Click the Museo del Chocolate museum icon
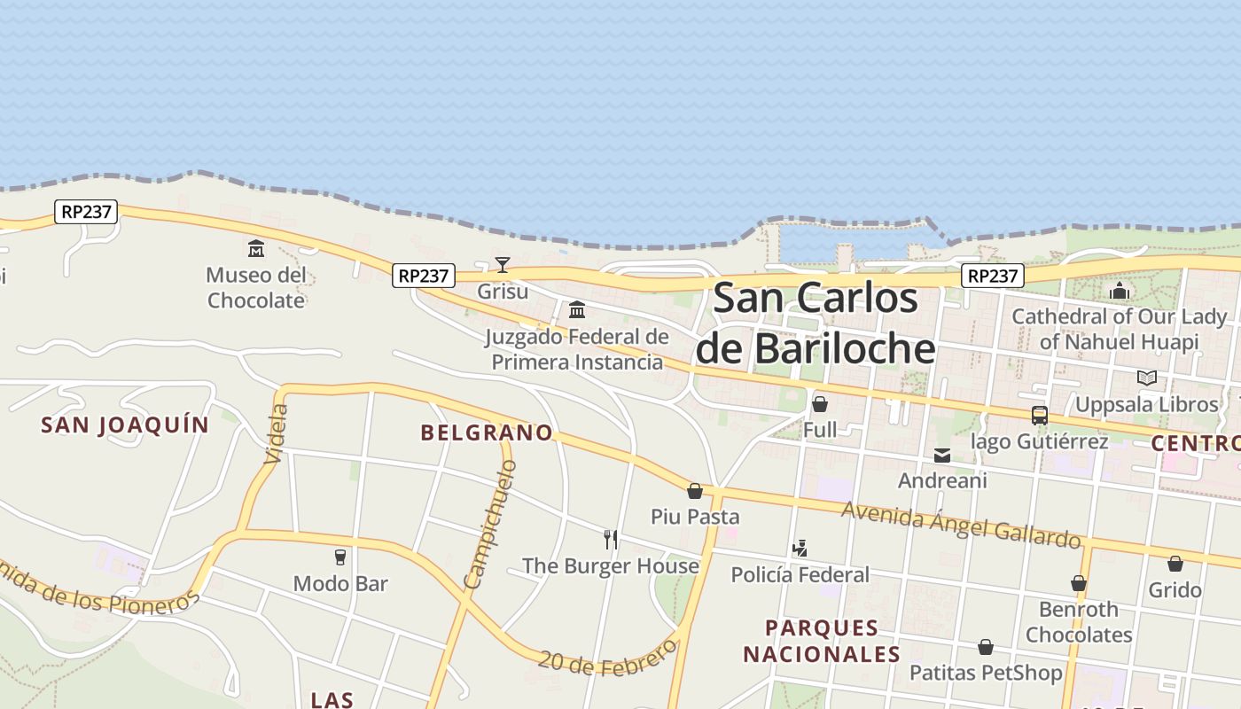click(x=256, y=248)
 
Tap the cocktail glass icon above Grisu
click(x=503, y=264)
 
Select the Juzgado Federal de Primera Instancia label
click(x=577, y=349)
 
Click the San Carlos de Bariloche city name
click(x=816, y=323)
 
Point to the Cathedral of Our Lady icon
click(x=1120, y=291)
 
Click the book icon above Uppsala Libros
click(x=1147, y=378)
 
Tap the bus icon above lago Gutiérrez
click(x=1040, y=415)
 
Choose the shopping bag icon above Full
click(x=820, y=404)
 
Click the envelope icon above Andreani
click(x=941, y=456)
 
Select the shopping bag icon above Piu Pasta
click(x=695, y=490)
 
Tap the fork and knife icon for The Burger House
click(x=611, y=539)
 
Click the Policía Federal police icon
click(x=800, y=549)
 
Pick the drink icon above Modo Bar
click(x=340, y=557)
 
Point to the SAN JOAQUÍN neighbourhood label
click(x=125, y=425)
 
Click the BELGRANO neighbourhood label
click(x=487, y=432)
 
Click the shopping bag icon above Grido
click(x=1175, y=564)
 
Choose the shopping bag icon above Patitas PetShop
click(x=986, y=647)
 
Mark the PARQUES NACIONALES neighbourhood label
click(x=822, y=641)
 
